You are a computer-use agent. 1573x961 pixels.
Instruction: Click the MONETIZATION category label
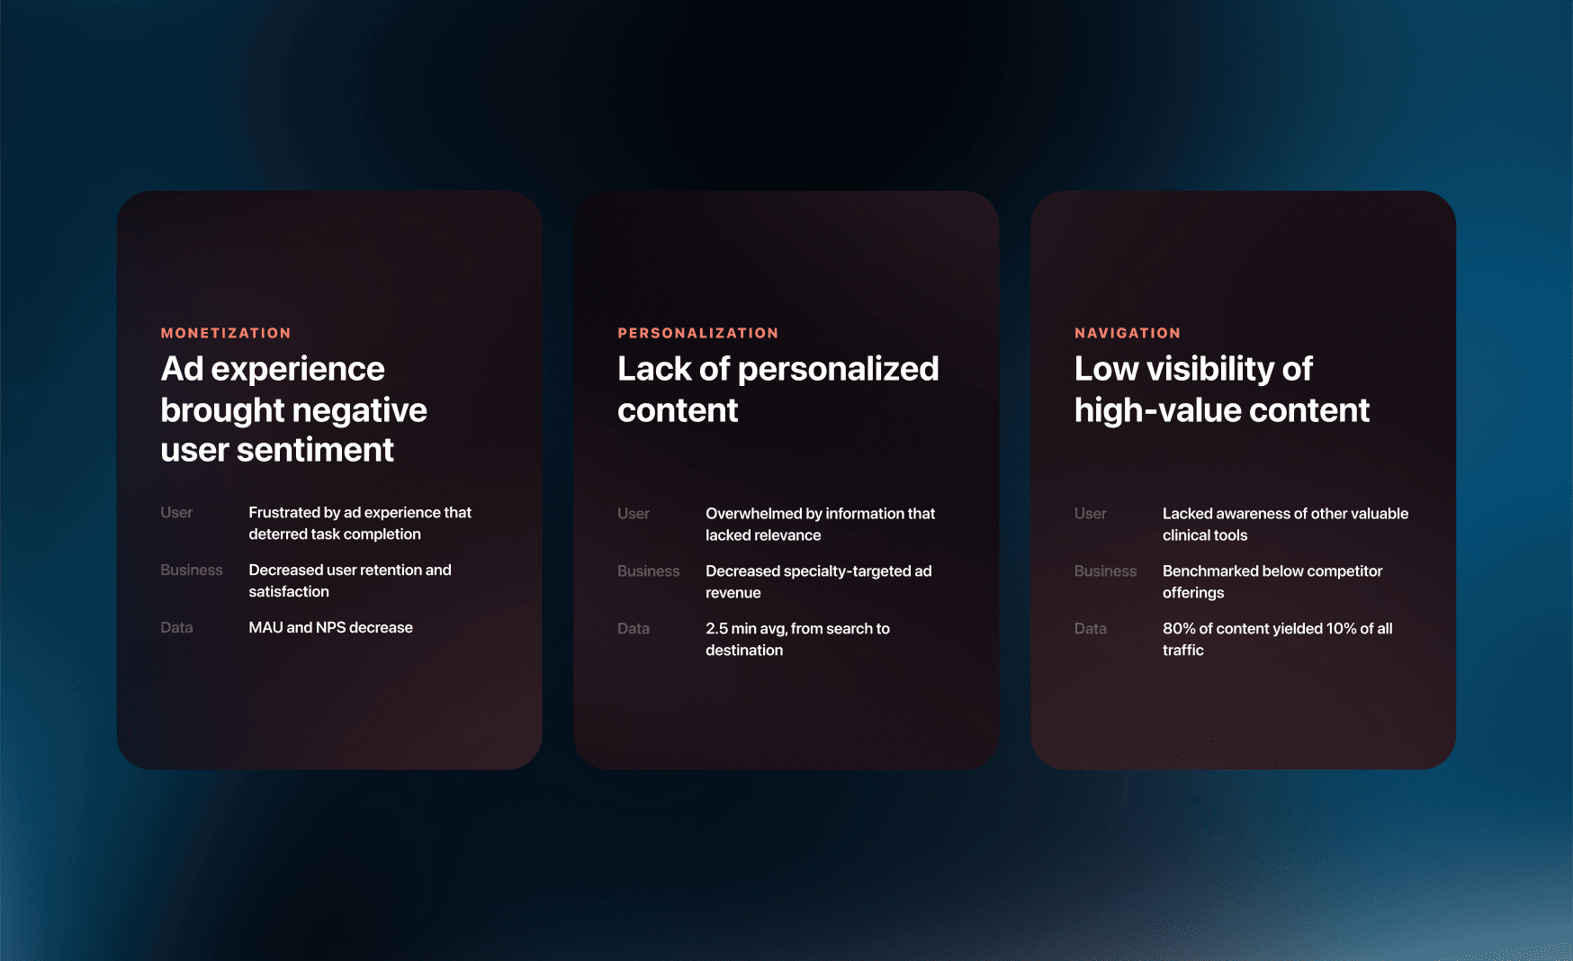[x=226, y=333]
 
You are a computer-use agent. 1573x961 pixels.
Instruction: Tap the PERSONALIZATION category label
[x=698, y=333]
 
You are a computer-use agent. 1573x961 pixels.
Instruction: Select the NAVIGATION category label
[x=1128, y=333]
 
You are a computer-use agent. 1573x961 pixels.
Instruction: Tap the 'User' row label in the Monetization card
[x=176, y=513]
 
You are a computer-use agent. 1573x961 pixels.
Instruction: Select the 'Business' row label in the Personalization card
[x=649, y=571]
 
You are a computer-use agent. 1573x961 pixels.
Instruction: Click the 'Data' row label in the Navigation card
[x=1091, y=629]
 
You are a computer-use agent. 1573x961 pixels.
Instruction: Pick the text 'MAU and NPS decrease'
[x=331, y=628]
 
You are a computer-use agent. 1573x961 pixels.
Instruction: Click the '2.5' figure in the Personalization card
[x=716, y=629]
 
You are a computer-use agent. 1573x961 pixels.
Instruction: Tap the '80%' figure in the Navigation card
[x=1179, y=629]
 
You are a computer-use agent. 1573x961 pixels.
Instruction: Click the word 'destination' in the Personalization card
[x=744, y=651]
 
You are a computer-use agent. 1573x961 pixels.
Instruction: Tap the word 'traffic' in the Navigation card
[x=1183, y=651]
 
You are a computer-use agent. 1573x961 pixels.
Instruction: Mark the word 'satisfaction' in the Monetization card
[x=289, y=592]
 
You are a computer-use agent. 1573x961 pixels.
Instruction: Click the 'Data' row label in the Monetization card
[x=176, y=628]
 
